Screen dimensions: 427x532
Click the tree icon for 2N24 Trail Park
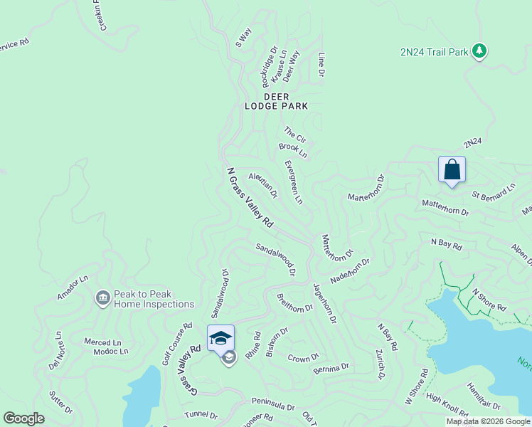pos(480,51)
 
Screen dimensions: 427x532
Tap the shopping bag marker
pos(452,170)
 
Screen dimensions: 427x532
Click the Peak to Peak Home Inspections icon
pos(102,297)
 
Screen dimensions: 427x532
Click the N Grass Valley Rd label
pos(250,198)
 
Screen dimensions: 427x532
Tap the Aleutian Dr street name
pos(262,184)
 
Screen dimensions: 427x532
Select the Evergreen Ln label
pos(293,182)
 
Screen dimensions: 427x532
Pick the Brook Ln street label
pos(292,150)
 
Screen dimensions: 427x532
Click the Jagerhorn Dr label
pos(324,302)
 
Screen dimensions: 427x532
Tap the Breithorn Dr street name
pos(294,302)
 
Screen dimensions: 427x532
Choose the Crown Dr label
pos(304,357)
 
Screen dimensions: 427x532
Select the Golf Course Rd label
pos(176,344)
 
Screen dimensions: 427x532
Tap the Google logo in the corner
pos(23,418)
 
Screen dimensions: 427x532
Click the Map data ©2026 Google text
pos(488,421)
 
